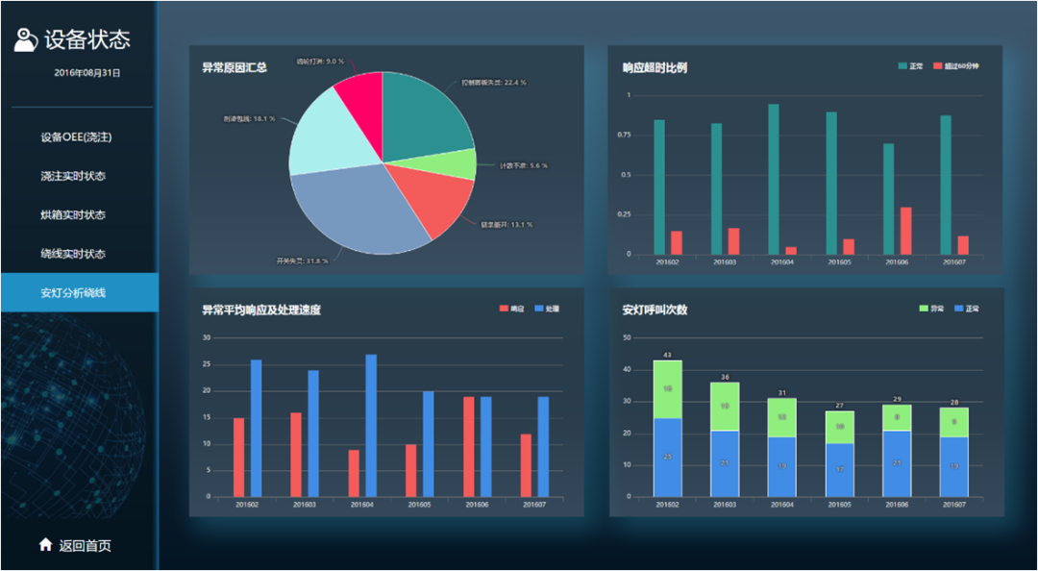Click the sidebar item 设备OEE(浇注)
77,137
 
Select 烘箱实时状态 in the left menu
73,215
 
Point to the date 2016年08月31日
87,73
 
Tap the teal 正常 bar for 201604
774,179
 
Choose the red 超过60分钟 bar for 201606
905,231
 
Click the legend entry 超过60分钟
955,66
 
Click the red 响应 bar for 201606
469,446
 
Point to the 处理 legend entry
547,310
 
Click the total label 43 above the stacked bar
668,356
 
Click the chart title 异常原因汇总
235,68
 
